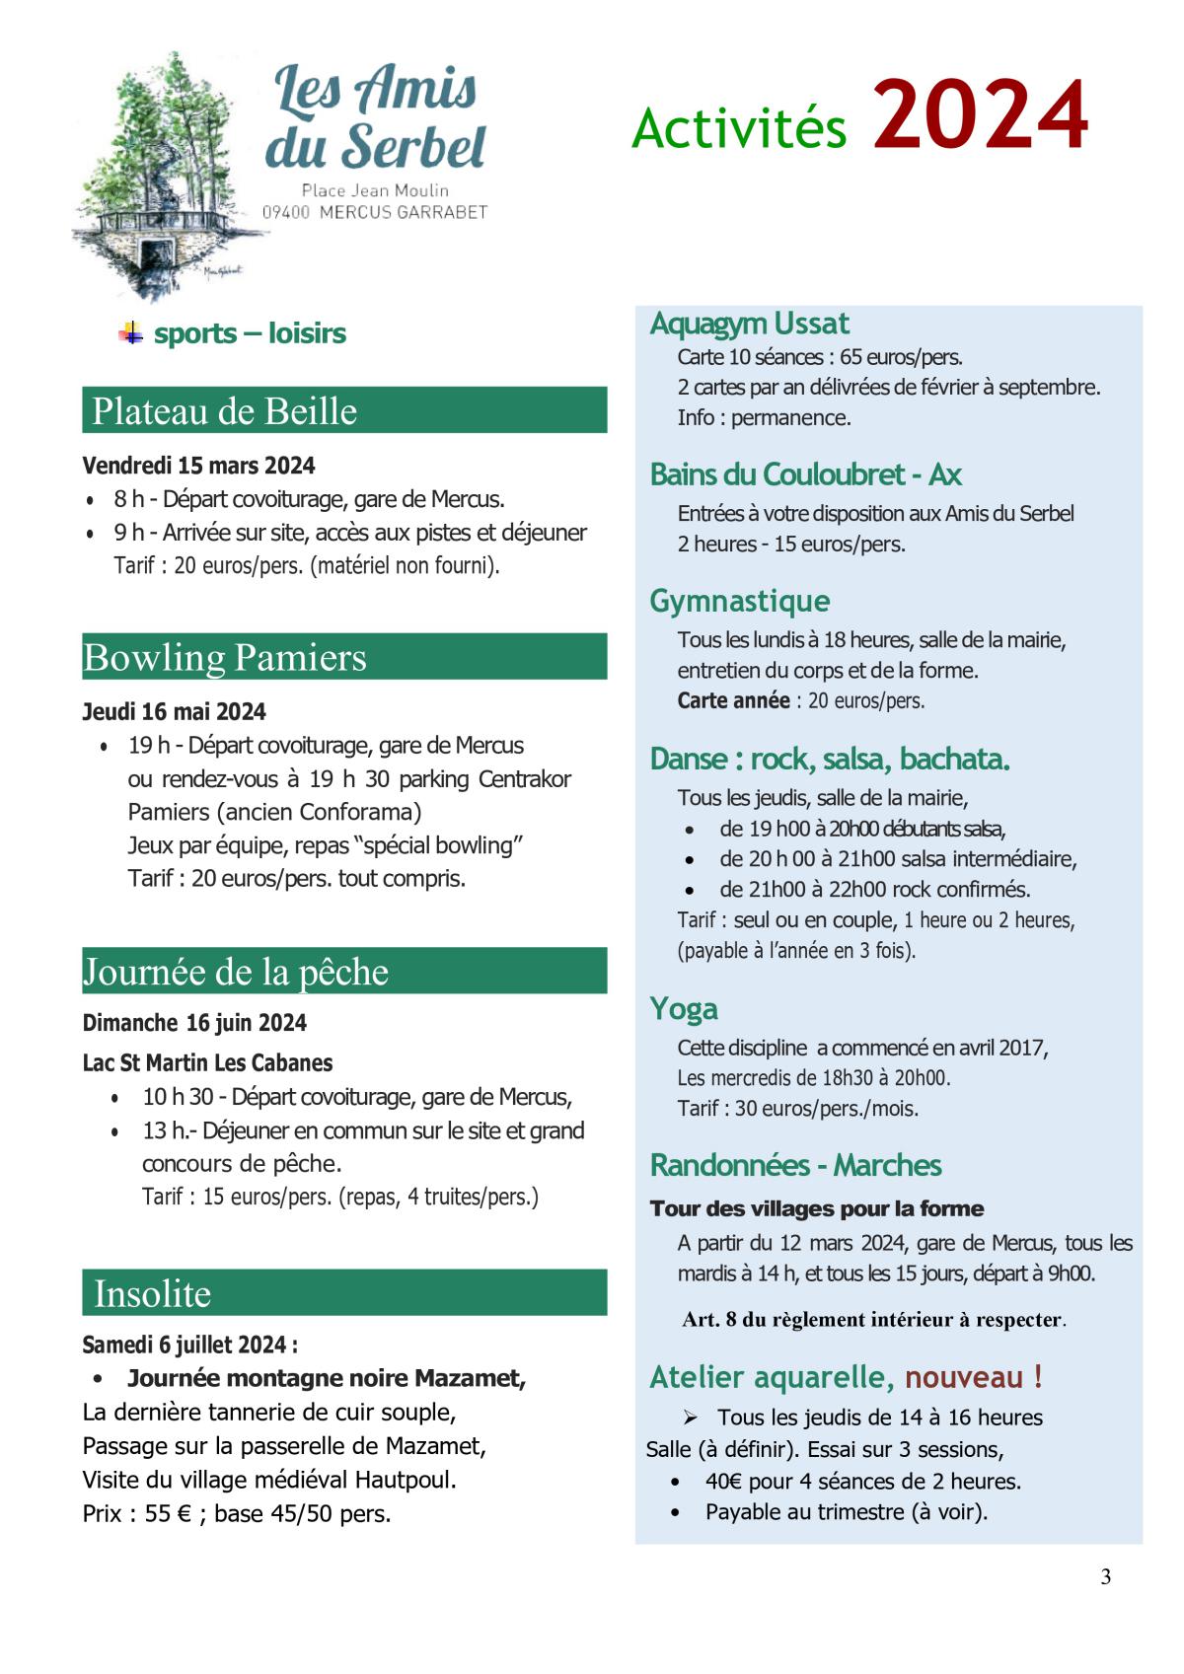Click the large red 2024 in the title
coord(981,116)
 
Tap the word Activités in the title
coord(739,128)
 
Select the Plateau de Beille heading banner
coord(343,410)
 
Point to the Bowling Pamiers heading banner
coord(343,657)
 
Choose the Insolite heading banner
coord(343,1293)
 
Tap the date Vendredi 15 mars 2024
coord(198,466)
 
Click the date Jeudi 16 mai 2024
coord(174,712)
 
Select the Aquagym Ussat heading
coord(749,324)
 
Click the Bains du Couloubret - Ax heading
coord(805,474)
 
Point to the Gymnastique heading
coord(739,601)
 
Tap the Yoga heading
coord(683,1009)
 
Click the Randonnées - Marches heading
coord(795,1165)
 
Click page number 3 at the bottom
coord(1105,1577)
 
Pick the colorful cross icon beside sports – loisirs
coord(130,332)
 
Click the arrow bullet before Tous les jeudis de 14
coord(691,1418)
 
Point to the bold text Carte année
coord(733,701)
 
